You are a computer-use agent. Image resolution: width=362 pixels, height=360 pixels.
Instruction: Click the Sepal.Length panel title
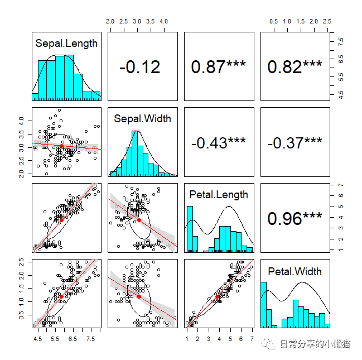click(66, 43)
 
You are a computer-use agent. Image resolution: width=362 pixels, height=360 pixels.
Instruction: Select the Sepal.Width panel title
click(142, 118)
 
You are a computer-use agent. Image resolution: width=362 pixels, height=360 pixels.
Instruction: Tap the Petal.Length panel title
click(219, 194)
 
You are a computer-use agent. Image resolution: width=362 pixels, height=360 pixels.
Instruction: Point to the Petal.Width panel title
click(295, 271)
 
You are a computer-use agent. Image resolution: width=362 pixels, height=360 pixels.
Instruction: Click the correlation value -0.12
click(139, 67)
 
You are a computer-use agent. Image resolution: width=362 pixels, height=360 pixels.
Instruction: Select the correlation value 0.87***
click(218, 67)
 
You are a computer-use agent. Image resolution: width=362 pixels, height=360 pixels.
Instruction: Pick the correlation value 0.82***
click(295, 67)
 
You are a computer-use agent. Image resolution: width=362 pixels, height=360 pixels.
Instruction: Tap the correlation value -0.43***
click(218, 143)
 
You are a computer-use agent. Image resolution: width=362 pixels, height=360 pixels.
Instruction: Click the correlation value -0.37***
click(295, 143)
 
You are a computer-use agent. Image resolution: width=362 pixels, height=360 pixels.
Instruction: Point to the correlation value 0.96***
click(295, 219)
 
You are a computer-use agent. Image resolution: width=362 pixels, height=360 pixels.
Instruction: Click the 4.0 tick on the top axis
click(164, 21)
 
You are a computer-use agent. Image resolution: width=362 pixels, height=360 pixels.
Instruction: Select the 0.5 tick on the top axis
click(274, 21)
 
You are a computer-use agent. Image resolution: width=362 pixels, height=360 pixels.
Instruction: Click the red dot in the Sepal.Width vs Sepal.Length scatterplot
click(62, 146)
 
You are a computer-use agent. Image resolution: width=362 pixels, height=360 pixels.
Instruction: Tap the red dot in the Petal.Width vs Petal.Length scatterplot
click(217, 297)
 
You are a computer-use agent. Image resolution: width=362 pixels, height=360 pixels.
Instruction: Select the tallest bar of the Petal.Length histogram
click(190, 229)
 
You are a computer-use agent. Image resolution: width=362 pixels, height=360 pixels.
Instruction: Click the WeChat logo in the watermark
click(270, 345)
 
